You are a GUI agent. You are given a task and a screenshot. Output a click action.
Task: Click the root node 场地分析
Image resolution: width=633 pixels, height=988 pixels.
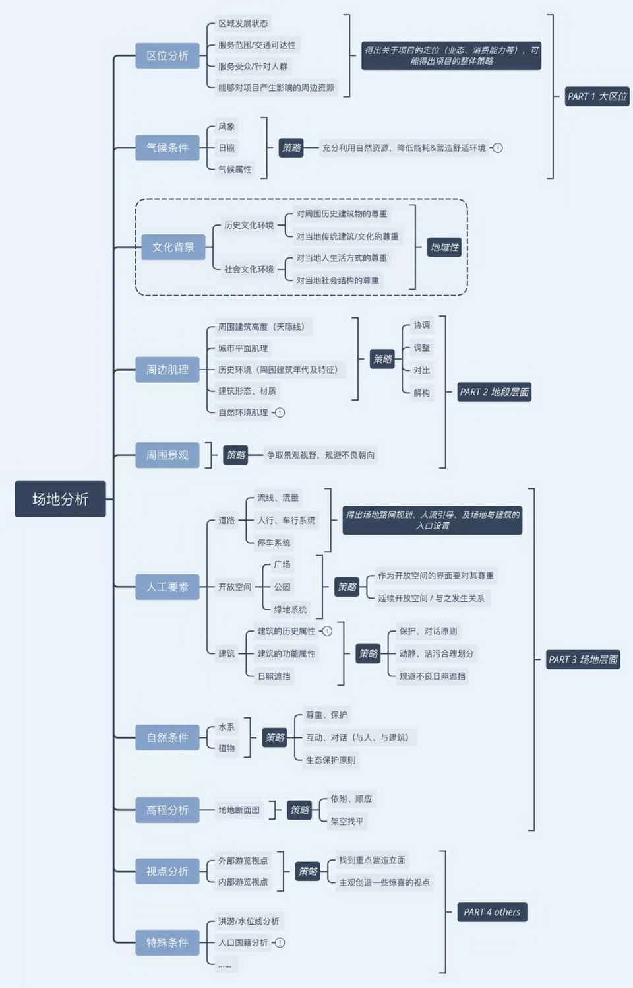click(60, 499)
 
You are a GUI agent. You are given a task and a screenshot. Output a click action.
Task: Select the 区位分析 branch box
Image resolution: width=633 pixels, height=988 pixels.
click(167, 56)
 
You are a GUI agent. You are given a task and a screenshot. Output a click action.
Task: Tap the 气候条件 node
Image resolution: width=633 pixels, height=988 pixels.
click(167, 148)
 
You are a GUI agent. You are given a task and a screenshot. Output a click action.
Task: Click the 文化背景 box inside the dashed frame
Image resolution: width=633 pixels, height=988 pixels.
click(173, 247)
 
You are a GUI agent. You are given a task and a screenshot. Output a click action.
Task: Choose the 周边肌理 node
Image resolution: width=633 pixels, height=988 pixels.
click(167, 370)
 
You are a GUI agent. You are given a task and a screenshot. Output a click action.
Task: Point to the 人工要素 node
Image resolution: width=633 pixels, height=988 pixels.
click(167, 587)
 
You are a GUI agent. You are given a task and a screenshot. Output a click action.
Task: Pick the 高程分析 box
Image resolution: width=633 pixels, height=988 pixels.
click(167, 810)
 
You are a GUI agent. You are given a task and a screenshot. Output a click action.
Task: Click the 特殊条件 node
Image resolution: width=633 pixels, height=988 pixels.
click(167, 942)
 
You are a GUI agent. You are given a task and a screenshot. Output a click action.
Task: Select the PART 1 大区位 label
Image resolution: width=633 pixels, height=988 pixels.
click(597, 96)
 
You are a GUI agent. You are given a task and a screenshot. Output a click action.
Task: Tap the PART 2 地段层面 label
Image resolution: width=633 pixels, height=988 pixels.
click(495, 392)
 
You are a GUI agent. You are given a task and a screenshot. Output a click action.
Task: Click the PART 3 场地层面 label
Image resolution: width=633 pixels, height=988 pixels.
click(583, 659)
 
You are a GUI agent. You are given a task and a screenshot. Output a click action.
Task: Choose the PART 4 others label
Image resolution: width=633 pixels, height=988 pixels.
click(492, 912)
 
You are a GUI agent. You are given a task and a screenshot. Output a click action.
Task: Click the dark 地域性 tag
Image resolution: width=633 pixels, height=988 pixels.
click(444, 247)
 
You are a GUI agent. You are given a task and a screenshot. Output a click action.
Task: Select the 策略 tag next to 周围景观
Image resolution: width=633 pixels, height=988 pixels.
click(235, 455)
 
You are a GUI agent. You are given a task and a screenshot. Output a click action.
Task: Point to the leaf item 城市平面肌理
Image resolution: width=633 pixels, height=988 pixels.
click(243, 348)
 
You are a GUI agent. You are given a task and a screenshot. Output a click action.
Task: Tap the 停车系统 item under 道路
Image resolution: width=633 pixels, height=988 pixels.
click(274, 543)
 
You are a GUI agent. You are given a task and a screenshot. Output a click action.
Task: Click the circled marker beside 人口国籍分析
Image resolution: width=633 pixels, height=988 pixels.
click(280, 942)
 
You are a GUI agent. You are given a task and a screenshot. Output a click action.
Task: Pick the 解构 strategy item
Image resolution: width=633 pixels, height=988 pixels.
click(421, 393)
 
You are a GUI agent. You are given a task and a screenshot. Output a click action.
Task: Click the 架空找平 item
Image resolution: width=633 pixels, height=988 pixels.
click(347, 821)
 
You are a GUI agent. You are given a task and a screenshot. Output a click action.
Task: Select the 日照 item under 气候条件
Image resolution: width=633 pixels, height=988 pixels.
click(226, 148)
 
